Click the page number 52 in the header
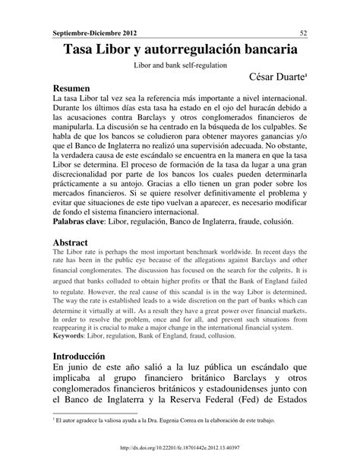pos(303,33)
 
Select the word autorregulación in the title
pos(205,49)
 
